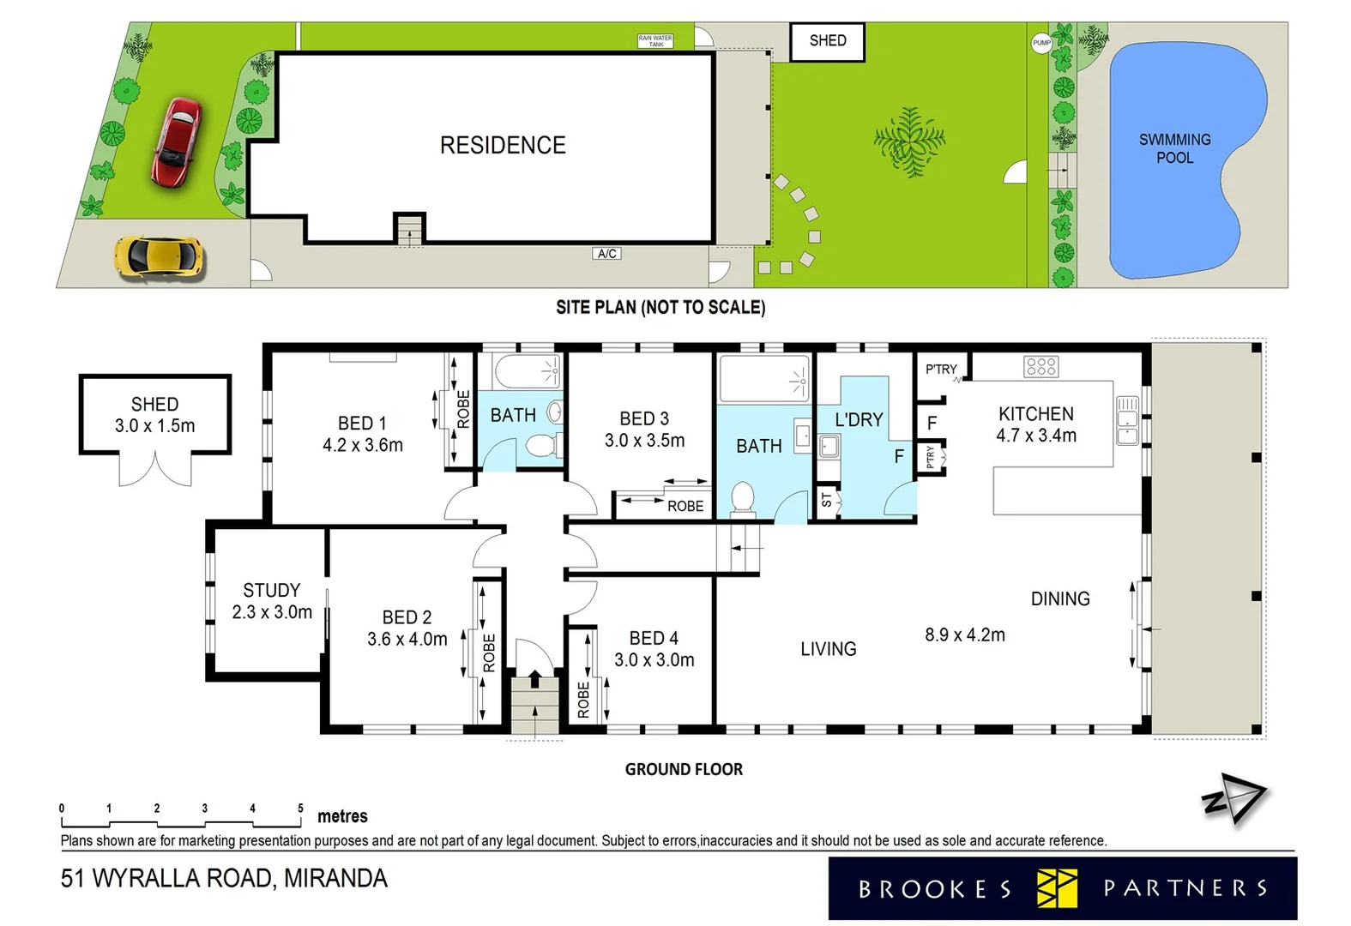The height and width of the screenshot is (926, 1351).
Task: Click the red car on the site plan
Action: point(177,142)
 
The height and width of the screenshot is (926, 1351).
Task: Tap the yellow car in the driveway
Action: point(160,257)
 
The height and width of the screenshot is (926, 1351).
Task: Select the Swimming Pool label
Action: point(1174,148)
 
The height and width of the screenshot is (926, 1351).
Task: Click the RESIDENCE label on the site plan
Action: point(503,145)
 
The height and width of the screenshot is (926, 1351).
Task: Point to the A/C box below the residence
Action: point(606,254)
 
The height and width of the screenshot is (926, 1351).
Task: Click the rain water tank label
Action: point(655,40)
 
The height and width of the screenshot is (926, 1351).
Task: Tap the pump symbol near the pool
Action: point(1041,43)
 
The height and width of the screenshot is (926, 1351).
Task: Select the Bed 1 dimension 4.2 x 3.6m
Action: point(362,445)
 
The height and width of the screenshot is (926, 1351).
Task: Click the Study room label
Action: point(271,590)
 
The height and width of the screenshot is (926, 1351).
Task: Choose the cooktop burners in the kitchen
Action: point(1040,367)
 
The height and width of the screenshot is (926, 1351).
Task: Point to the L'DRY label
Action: point(859,419)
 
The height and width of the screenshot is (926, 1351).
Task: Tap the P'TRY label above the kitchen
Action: point(941,369)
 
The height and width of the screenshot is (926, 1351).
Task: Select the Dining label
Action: point(1060,598)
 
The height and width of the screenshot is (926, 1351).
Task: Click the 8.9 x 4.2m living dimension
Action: point(964,635)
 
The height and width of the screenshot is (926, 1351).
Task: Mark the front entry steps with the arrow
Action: point(534,705)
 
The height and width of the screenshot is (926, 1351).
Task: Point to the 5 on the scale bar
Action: point(300,808)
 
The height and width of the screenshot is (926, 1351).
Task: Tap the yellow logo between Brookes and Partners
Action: point(1057,888)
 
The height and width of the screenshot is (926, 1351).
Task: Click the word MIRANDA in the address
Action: point(335,879)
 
